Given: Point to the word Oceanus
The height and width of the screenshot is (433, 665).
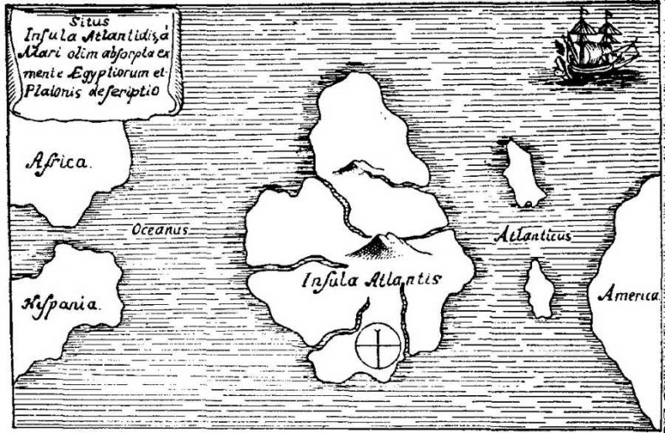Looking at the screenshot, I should click(159, 229).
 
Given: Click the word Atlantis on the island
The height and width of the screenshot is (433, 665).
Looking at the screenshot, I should click(398, 280).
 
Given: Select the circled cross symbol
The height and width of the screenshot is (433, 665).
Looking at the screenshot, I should click(379, 346).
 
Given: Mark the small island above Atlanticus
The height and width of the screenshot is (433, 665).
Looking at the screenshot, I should click(523, 173).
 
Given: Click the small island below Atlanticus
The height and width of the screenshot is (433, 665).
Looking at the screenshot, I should click(540, 289).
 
